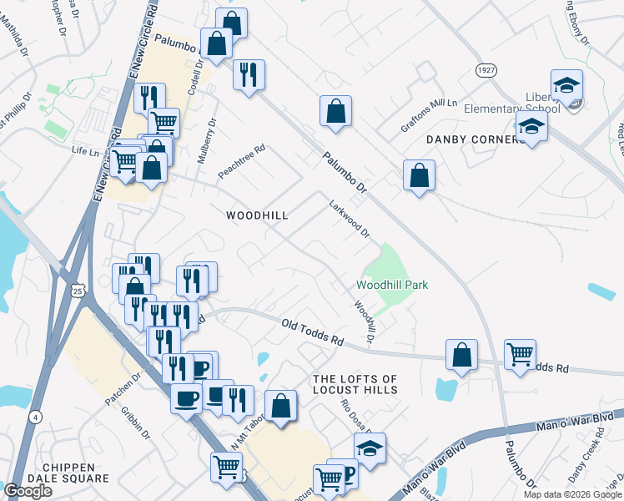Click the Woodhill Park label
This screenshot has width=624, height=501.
tap(392, 285)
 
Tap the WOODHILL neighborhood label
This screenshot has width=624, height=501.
tap(257, 215)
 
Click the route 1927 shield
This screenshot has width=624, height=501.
tap(486, 70)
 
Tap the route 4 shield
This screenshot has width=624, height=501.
tap(34, 416)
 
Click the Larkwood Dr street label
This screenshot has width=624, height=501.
tap(349, 217)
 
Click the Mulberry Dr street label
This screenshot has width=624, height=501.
tap(212, 133)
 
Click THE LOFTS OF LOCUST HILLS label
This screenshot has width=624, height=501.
tap(355, 384)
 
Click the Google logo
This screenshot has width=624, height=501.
tap(28, 491)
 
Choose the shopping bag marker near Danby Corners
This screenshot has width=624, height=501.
tap(419, 176)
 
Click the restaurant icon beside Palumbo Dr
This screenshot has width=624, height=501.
tap(249, 76)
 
